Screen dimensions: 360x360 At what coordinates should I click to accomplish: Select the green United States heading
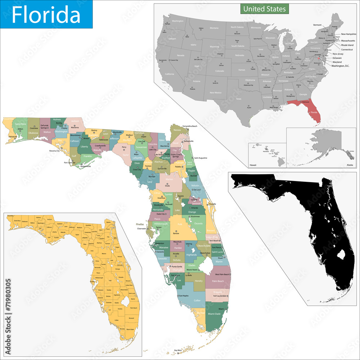(x=265, y=9)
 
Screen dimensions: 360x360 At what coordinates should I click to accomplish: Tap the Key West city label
(x=177, y=350)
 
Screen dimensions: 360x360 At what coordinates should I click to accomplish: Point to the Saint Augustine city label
(x=201, y=158)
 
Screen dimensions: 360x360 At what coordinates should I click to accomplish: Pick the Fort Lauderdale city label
(x=220, y=296)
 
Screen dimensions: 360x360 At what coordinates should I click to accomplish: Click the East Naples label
(x=184, y=296)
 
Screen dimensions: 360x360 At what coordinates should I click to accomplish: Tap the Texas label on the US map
(x=239, y=99)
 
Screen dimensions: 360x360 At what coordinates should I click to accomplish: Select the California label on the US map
(x=170, y=74)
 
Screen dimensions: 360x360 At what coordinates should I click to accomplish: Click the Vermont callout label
(x=318, y=25)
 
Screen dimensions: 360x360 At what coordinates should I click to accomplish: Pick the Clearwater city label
(x=141, y=229)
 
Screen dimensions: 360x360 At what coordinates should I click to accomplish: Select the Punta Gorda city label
(x=176, y=266)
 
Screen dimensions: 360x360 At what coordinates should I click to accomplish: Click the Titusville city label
(x=212, y=204)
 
